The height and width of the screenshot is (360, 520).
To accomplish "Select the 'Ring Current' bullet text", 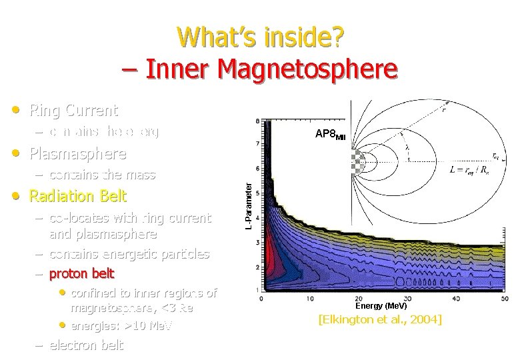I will [x=73, y=111].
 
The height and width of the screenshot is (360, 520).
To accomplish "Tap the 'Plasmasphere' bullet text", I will [x=77, y=154].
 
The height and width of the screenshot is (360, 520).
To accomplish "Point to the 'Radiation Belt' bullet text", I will [x=77, y=197].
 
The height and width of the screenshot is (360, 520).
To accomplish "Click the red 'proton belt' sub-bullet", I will [x=82, y=273].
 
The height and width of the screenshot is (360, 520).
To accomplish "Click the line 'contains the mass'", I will [x=102, y=175].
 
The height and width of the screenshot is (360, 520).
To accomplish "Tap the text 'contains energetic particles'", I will [x=129, y=254].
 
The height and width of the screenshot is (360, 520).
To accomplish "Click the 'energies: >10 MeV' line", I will [x=121, y=325].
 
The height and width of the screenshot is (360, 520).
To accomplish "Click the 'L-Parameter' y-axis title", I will [x=247, y=207].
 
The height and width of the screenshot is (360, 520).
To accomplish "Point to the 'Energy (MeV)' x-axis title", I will [x=381, y=305].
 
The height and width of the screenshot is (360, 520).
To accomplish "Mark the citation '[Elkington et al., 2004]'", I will [x=380, y=320].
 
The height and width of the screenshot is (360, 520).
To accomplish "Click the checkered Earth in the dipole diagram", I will [x=357, y=161].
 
